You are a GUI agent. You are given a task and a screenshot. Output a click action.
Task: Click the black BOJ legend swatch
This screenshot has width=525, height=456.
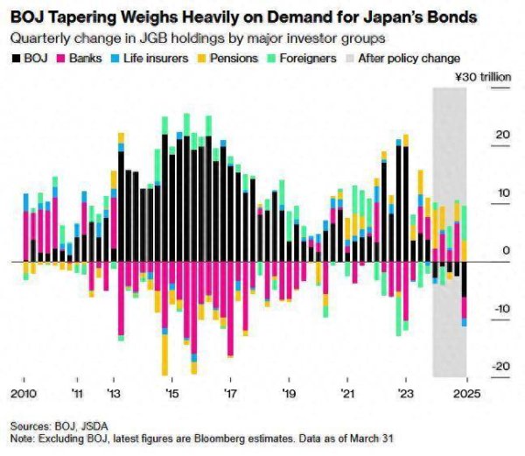pos(16,58)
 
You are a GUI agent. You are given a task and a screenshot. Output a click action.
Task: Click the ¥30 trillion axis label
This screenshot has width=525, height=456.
pos(485,78)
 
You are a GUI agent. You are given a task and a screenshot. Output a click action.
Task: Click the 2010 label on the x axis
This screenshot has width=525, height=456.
pos(23,392)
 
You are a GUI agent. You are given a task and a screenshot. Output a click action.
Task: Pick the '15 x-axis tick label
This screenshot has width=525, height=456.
pos(171,392)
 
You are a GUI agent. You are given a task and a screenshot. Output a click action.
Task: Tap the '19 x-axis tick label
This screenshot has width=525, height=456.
pos(289,392)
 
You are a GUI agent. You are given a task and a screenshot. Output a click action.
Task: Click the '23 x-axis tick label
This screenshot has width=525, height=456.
pos(405,392)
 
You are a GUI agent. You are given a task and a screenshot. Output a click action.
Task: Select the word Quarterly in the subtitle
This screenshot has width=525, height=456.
pos(40,38)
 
